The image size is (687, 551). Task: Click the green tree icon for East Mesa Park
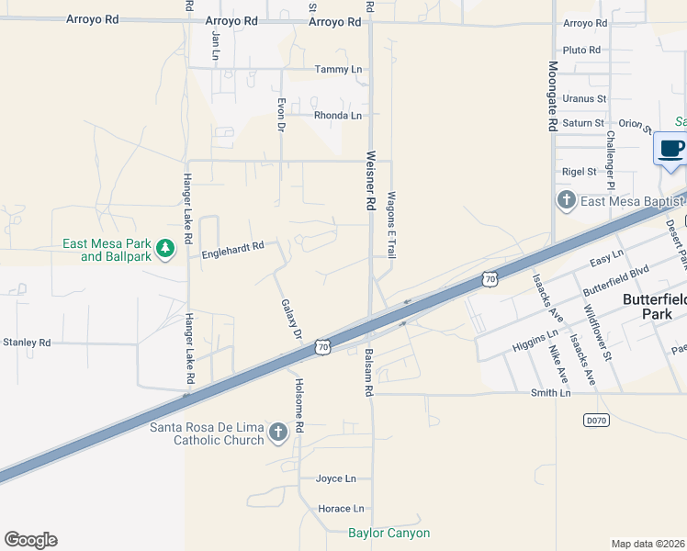tap(165, 249)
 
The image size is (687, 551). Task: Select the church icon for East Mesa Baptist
tap(566, 199)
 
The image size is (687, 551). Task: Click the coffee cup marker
tap(670, 149)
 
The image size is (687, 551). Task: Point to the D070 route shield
tap(596, 420)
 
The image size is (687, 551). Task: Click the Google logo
tap(30, 540)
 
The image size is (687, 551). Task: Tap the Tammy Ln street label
tap(338, 70)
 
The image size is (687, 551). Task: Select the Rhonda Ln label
tap(338, 116)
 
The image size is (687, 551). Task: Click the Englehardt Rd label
tap(232, 246)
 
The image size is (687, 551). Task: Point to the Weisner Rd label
tap(372, 182)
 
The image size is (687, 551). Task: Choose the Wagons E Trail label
tap(391, 224)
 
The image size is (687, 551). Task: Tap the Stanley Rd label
tap(27, 343)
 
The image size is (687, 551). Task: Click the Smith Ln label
tap(551, 393)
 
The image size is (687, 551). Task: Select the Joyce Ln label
tap(335, 478)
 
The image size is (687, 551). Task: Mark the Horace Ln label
tap(341, 509)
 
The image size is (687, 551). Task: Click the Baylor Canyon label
tap(389, 533)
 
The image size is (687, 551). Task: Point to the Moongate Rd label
tap(553, 96)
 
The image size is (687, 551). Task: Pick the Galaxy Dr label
tap(292, 320)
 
